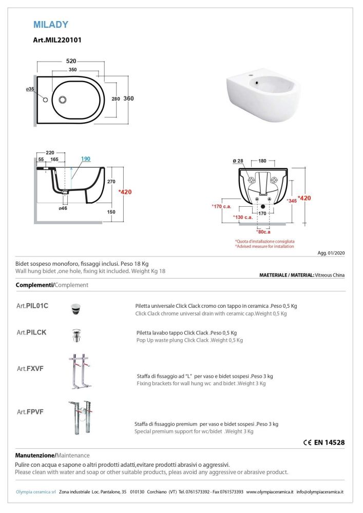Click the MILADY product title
click(x=51, y=24)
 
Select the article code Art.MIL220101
click(x=57, y=39)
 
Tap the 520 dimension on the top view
click(x=71, y=61)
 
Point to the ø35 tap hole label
click(x=30, y=89)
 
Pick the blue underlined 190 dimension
click(x=85, y=159)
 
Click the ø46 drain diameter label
click(x=63, y=208)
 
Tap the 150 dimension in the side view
click(x=111, y=211)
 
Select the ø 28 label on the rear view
click(x=238, y=161)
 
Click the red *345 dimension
click(x=293, y=201)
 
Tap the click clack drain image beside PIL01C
click(x=75, y=308)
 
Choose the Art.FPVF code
click(x=30, y=411)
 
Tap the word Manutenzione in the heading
click(x=34, y=455)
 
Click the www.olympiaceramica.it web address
click(x=270, y=492)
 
